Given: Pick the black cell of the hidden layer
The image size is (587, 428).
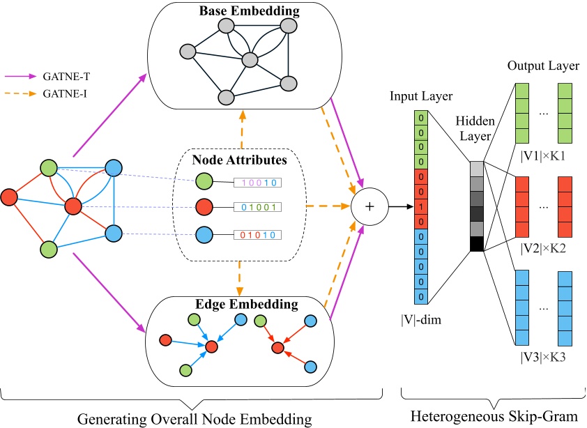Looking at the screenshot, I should pos(478,244).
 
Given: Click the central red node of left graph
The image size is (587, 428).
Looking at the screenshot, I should pos(74,207).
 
